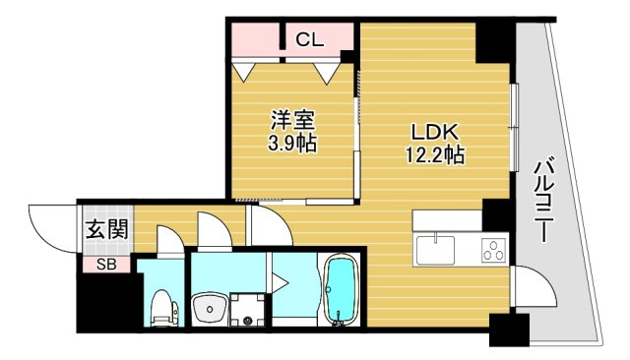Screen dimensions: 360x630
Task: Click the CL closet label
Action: [309, 40]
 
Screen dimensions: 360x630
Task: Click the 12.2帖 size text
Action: [433, 155]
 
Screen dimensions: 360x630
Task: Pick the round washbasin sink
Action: [208, 311]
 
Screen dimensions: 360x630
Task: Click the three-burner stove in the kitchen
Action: [493, 251]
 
